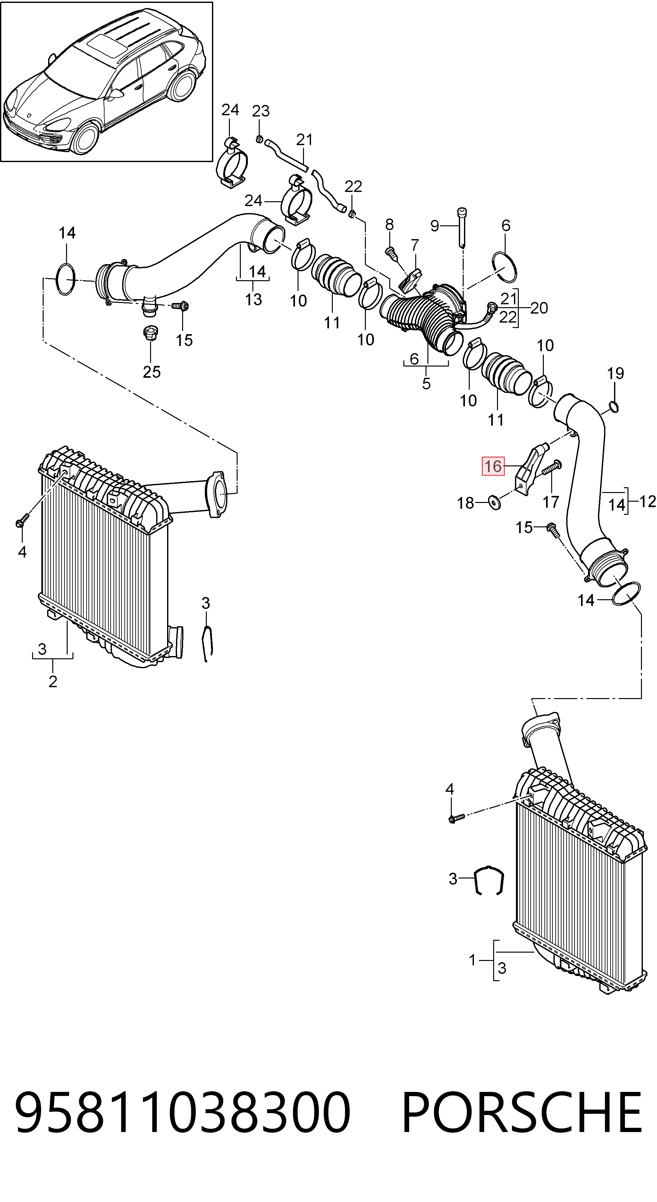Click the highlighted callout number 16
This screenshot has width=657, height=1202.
tap(493, 466)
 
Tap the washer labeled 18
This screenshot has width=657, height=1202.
tap(494, 503)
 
